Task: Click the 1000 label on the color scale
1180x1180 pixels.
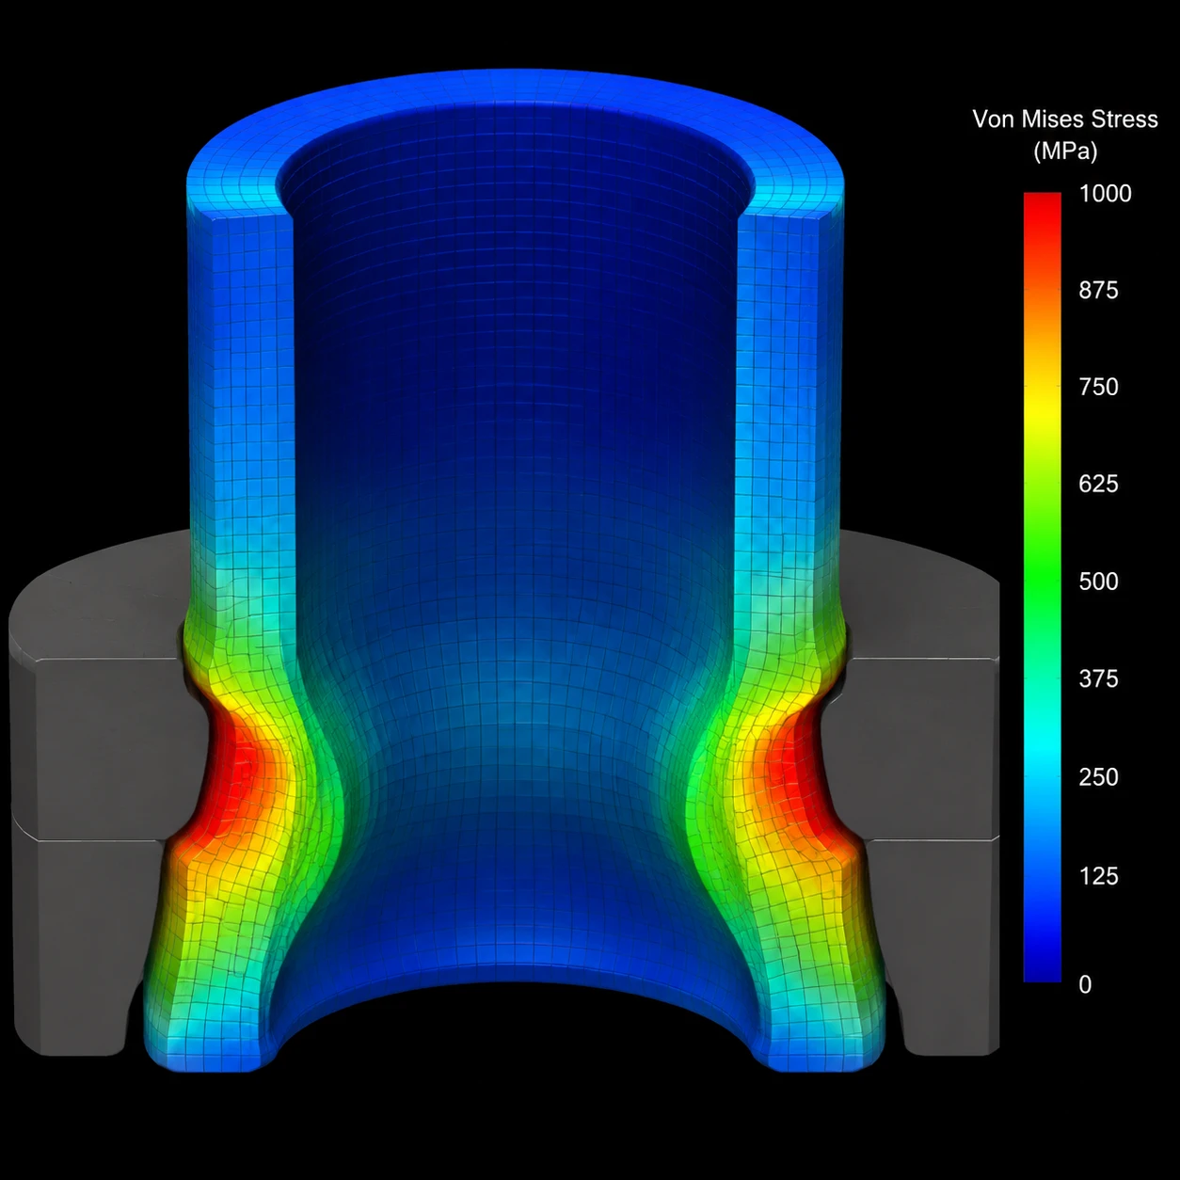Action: pos(1105,194)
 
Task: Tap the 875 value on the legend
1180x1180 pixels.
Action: pos(1098,290)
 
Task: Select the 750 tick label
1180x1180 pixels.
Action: pos(1098,387)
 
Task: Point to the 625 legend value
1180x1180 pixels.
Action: pos(1098,485)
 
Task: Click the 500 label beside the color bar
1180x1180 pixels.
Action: pos(1098,582)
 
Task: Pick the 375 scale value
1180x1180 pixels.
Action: pos(1098,678)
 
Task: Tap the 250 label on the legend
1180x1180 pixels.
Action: pos(1098,777)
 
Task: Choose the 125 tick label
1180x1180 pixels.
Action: pos(1098,876)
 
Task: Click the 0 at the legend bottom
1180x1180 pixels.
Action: pos(1085,984)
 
